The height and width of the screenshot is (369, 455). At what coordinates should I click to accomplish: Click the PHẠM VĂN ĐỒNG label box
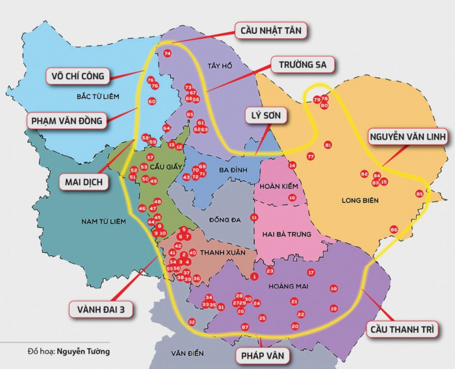click(x=67, y=121)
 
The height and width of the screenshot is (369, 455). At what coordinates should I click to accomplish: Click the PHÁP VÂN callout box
click(x=262, y=356)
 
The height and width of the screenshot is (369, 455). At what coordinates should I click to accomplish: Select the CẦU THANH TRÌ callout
click(x=402, y=328)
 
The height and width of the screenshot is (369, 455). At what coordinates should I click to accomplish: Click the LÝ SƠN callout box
click(x=268, y=115)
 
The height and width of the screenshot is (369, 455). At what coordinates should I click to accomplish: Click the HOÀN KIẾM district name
click(x=279, y=186)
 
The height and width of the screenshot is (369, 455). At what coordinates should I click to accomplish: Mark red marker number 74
click(x=167, y=53)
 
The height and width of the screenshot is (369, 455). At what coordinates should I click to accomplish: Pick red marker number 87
click(x=245, y=327)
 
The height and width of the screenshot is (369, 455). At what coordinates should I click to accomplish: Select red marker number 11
click(x=254, y=217)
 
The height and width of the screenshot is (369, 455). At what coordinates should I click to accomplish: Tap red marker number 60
click(x=152, y=102)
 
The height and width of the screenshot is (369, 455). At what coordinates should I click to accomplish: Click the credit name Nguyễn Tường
click(x=83, y=352)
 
